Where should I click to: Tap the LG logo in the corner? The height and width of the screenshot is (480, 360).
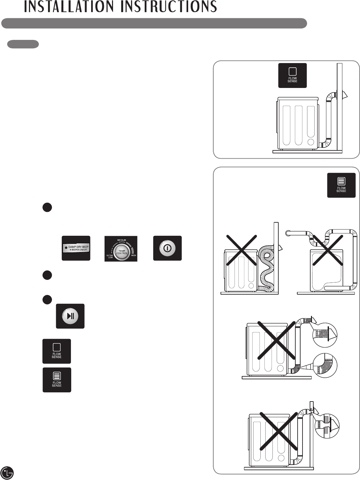pyautogui.click(x=7, y=472)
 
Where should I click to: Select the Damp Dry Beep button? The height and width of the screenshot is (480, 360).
pyautogui.click(x=76, y=248)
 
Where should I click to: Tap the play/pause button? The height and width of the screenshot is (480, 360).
pyautogui.click(x=70, y=316)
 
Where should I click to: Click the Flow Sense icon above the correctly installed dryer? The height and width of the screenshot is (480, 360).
pyautogui.click(x=292, y=75)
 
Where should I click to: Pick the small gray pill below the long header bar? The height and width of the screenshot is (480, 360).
pyautogui.click(x=23, y=44)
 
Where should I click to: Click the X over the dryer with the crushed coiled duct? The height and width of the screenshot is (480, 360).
pyautogui.click(x=241, y=250)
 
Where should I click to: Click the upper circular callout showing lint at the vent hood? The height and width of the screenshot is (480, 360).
pyautogui.click(x=325, y=334)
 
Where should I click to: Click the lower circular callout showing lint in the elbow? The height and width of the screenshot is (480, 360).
pyautogui.click(x=325, y=366)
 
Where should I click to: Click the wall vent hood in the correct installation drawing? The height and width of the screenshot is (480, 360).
pyautogui.click(x=345, y=95)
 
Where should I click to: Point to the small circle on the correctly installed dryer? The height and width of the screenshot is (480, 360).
pyautogui.click(x=311, y=142)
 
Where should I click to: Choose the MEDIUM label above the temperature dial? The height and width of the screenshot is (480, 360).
pyautogui.click(x=122, y=240)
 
